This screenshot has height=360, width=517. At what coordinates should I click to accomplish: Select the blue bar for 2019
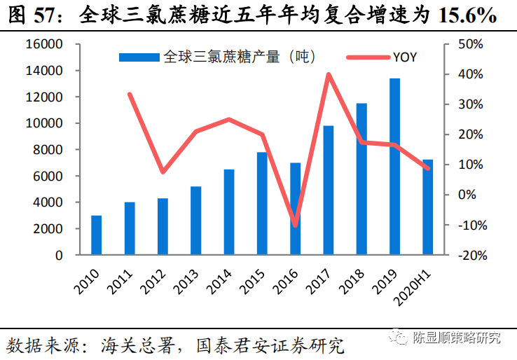395,167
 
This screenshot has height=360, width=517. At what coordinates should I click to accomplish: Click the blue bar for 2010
97,235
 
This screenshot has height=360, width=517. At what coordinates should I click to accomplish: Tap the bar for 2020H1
428,207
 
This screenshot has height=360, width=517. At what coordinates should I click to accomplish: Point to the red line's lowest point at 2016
295,225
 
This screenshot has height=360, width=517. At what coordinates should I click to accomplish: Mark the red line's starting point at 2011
130,94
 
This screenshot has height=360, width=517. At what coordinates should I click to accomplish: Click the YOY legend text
404,57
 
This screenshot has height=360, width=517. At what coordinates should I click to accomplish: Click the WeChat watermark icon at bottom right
399,338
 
